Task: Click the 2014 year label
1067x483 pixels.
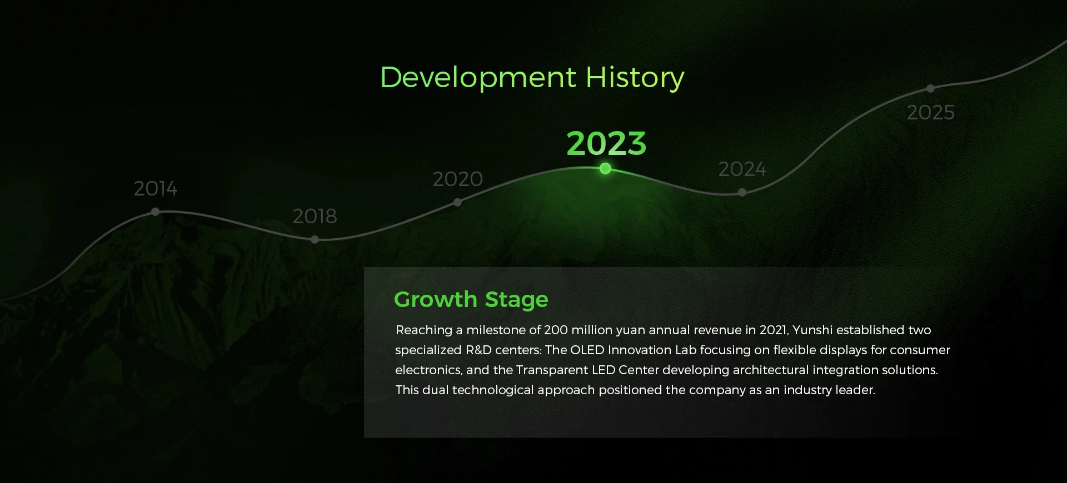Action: tap(156, 189)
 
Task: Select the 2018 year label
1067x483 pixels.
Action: tap(315, 216)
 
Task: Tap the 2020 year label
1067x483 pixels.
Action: tap(457, 179)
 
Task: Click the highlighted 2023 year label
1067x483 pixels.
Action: tap(606, 143)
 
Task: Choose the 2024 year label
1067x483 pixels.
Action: tap(742, 169)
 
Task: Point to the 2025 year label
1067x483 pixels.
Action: tap(931, 112)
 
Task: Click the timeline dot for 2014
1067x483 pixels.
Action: tap(156, 212)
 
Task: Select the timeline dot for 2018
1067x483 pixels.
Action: tap(315, 239)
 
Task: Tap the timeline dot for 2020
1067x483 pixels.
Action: tap(457, 202)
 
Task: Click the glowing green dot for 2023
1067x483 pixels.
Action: tap(606, 168)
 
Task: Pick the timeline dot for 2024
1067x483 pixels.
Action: tap(742, 192)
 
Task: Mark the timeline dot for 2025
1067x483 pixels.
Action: tap(930, 88)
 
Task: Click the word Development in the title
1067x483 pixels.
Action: tap(478, 78)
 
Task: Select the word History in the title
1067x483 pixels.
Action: tap(635, 78)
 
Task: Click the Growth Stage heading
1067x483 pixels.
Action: tap(471, 299)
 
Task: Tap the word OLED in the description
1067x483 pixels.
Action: tap(587, 350)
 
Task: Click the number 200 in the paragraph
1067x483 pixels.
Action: tap(556, 330)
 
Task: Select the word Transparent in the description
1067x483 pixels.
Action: tap(551, 370)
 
